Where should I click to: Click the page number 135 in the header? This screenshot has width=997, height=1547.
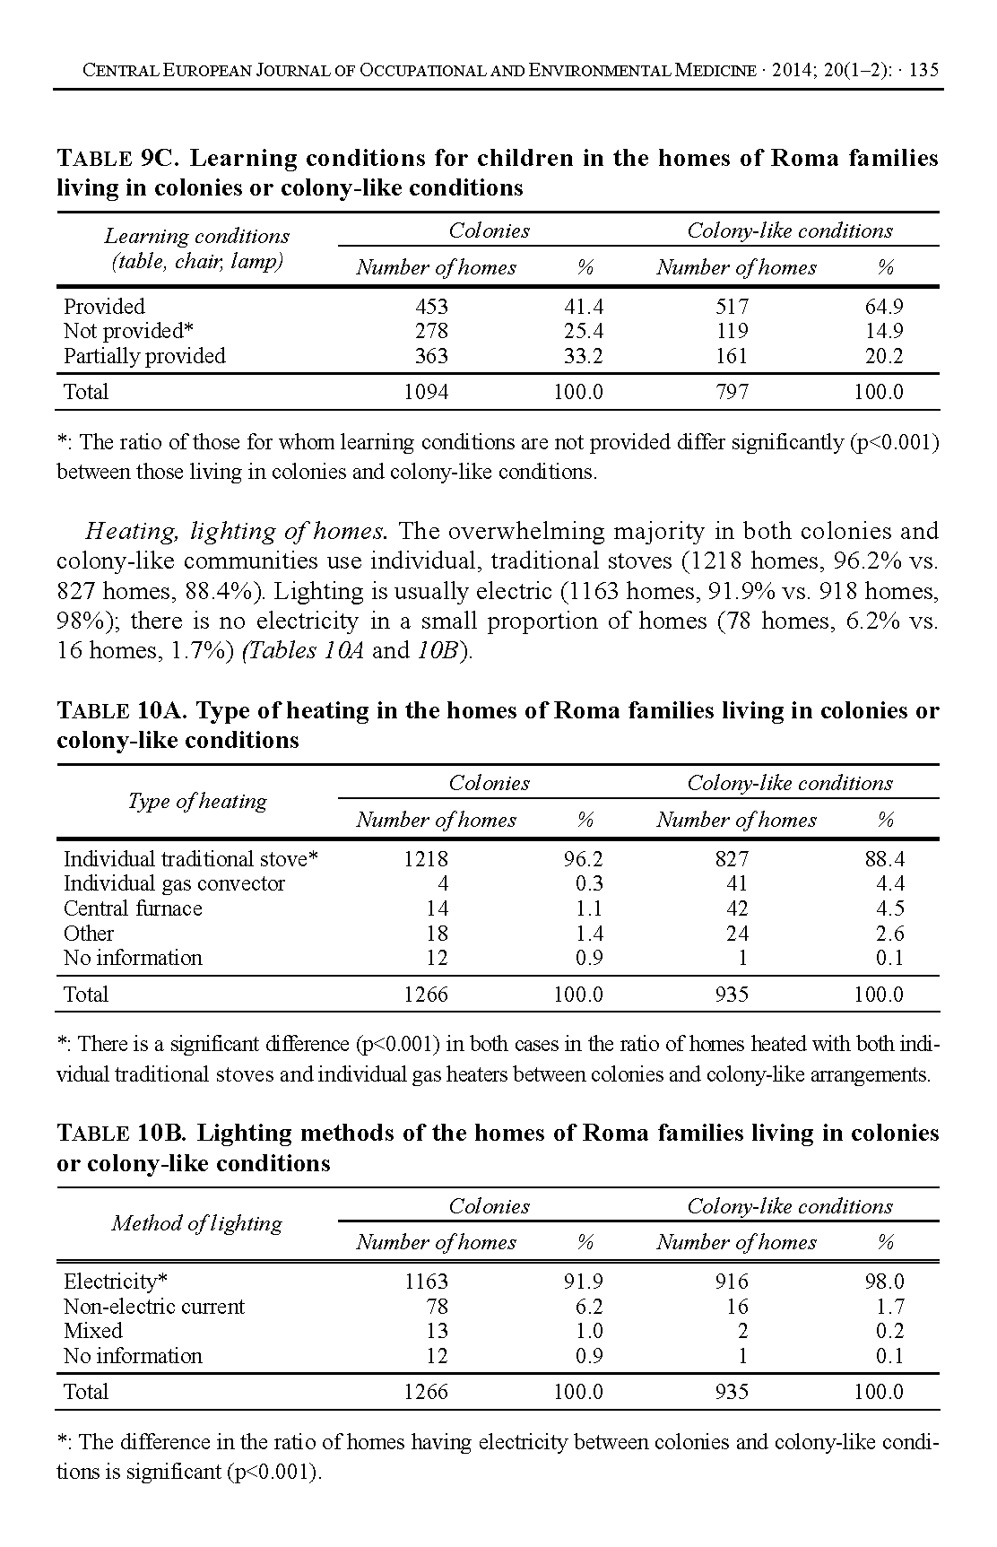[x=923, y=71]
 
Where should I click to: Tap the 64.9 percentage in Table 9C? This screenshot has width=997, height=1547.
[x=883, y=307]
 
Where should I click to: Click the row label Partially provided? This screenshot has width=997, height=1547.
[x=144, y=356]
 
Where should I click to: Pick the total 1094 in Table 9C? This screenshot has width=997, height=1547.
[x=426, y=392]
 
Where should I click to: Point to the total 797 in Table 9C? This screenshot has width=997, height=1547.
[x=732, y=392]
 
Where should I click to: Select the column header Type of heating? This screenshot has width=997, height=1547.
[x=197, y=801]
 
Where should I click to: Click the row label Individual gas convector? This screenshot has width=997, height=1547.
[x=174, y=883]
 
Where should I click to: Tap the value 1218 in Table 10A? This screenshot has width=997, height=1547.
[x=426, y=859]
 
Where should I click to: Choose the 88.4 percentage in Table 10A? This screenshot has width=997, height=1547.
[x=884, y=859]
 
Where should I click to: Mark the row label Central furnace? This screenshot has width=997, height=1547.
[x=133, y=908]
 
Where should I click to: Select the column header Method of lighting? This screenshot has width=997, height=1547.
[x=196, y=1223]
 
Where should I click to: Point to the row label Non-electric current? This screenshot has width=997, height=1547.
[x=153, y=1307]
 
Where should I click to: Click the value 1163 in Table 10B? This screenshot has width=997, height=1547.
[x=426, y=1282]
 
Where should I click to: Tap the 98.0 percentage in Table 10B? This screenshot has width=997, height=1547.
[x=884, y=1282]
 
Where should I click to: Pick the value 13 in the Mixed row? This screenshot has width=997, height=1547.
[x=437, y=1331]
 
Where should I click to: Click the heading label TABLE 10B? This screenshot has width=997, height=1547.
[x=122, y=1134]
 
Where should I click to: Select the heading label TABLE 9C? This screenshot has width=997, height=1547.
[x=119, y=159]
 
